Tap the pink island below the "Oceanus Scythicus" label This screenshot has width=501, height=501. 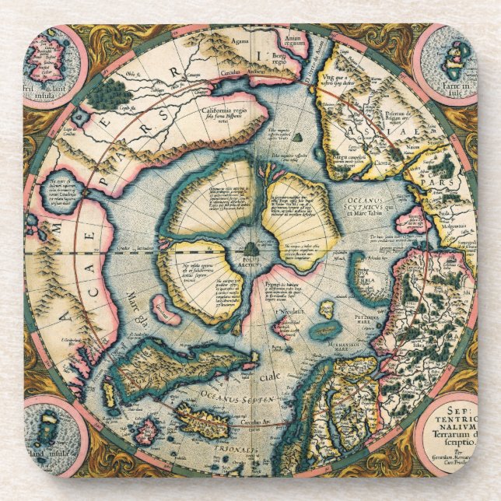click(x=410, y=221)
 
